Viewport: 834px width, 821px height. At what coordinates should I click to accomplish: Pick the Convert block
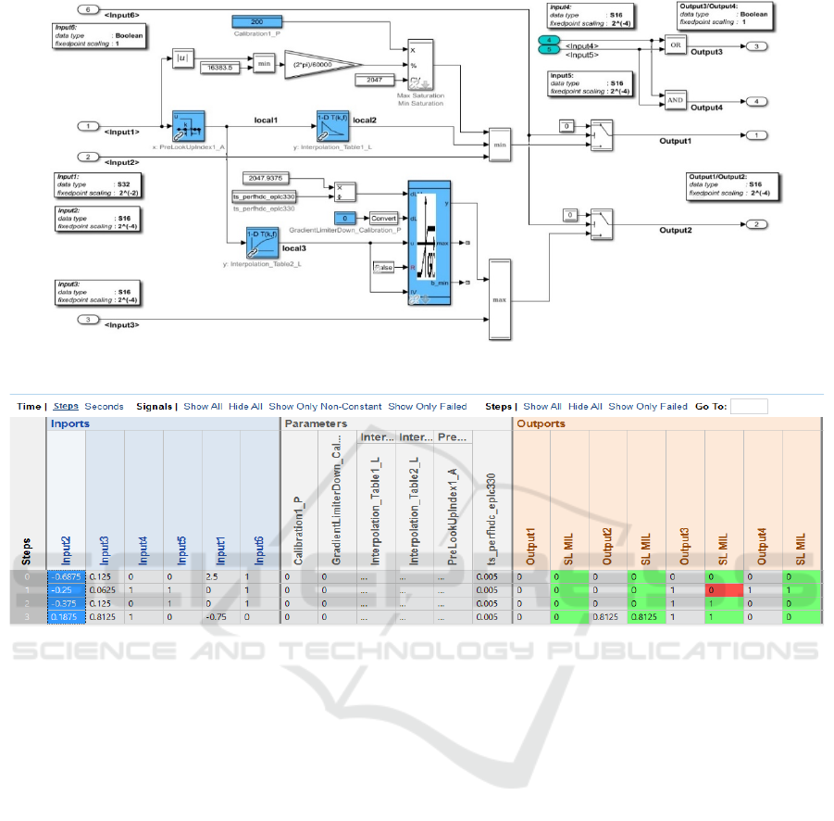(383, 218)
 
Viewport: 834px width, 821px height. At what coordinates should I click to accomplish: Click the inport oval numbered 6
(87, 9)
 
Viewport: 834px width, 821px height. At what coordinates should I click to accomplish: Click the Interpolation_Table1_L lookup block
(332, 123)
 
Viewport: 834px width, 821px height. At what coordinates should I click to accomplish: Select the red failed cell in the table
(723, 589)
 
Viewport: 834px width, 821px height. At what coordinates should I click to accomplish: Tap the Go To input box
(748, 407)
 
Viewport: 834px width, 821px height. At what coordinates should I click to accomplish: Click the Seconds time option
(104, 407)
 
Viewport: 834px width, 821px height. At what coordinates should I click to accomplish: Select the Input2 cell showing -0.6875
(66, 575)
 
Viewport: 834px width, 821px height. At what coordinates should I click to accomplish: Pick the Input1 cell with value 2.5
(221, 575)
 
